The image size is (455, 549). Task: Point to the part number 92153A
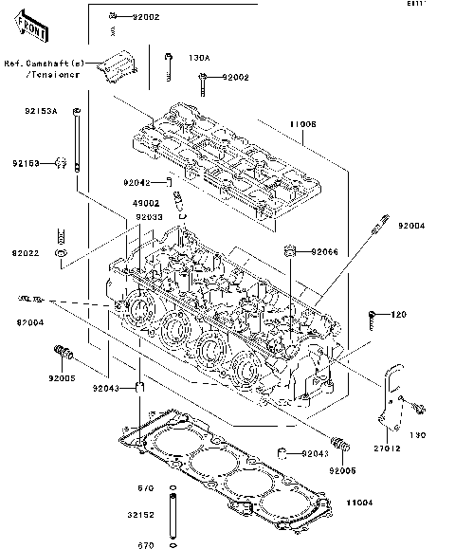pos(41,111)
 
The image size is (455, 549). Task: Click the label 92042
pos(136,181)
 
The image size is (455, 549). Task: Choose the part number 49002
pos(146,202)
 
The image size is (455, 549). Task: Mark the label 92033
pos(150,217)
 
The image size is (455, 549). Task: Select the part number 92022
pos(27,254)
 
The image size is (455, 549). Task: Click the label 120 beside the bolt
pos(398,314)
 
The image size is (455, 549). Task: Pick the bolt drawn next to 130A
pos(168,65)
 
